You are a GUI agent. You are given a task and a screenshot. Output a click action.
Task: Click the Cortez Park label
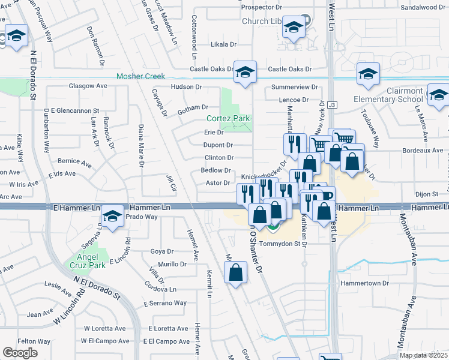pos(228,118)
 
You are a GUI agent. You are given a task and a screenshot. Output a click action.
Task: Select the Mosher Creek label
pos(140,76)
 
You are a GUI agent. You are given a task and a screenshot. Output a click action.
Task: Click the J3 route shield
pos(333,105)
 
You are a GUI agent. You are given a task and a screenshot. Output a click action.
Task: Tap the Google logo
pos(20,353)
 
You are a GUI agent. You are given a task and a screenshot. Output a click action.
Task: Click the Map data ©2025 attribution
pos(424,355)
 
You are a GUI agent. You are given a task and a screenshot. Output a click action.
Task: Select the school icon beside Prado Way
pos(112,217)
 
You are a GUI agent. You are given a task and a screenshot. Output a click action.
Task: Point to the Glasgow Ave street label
pos(88,86)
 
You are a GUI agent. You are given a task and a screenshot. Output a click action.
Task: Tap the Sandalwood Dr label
pos(423,8)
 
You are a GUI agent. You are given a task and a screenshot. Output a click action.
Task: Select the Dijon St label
pos(427,194)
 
